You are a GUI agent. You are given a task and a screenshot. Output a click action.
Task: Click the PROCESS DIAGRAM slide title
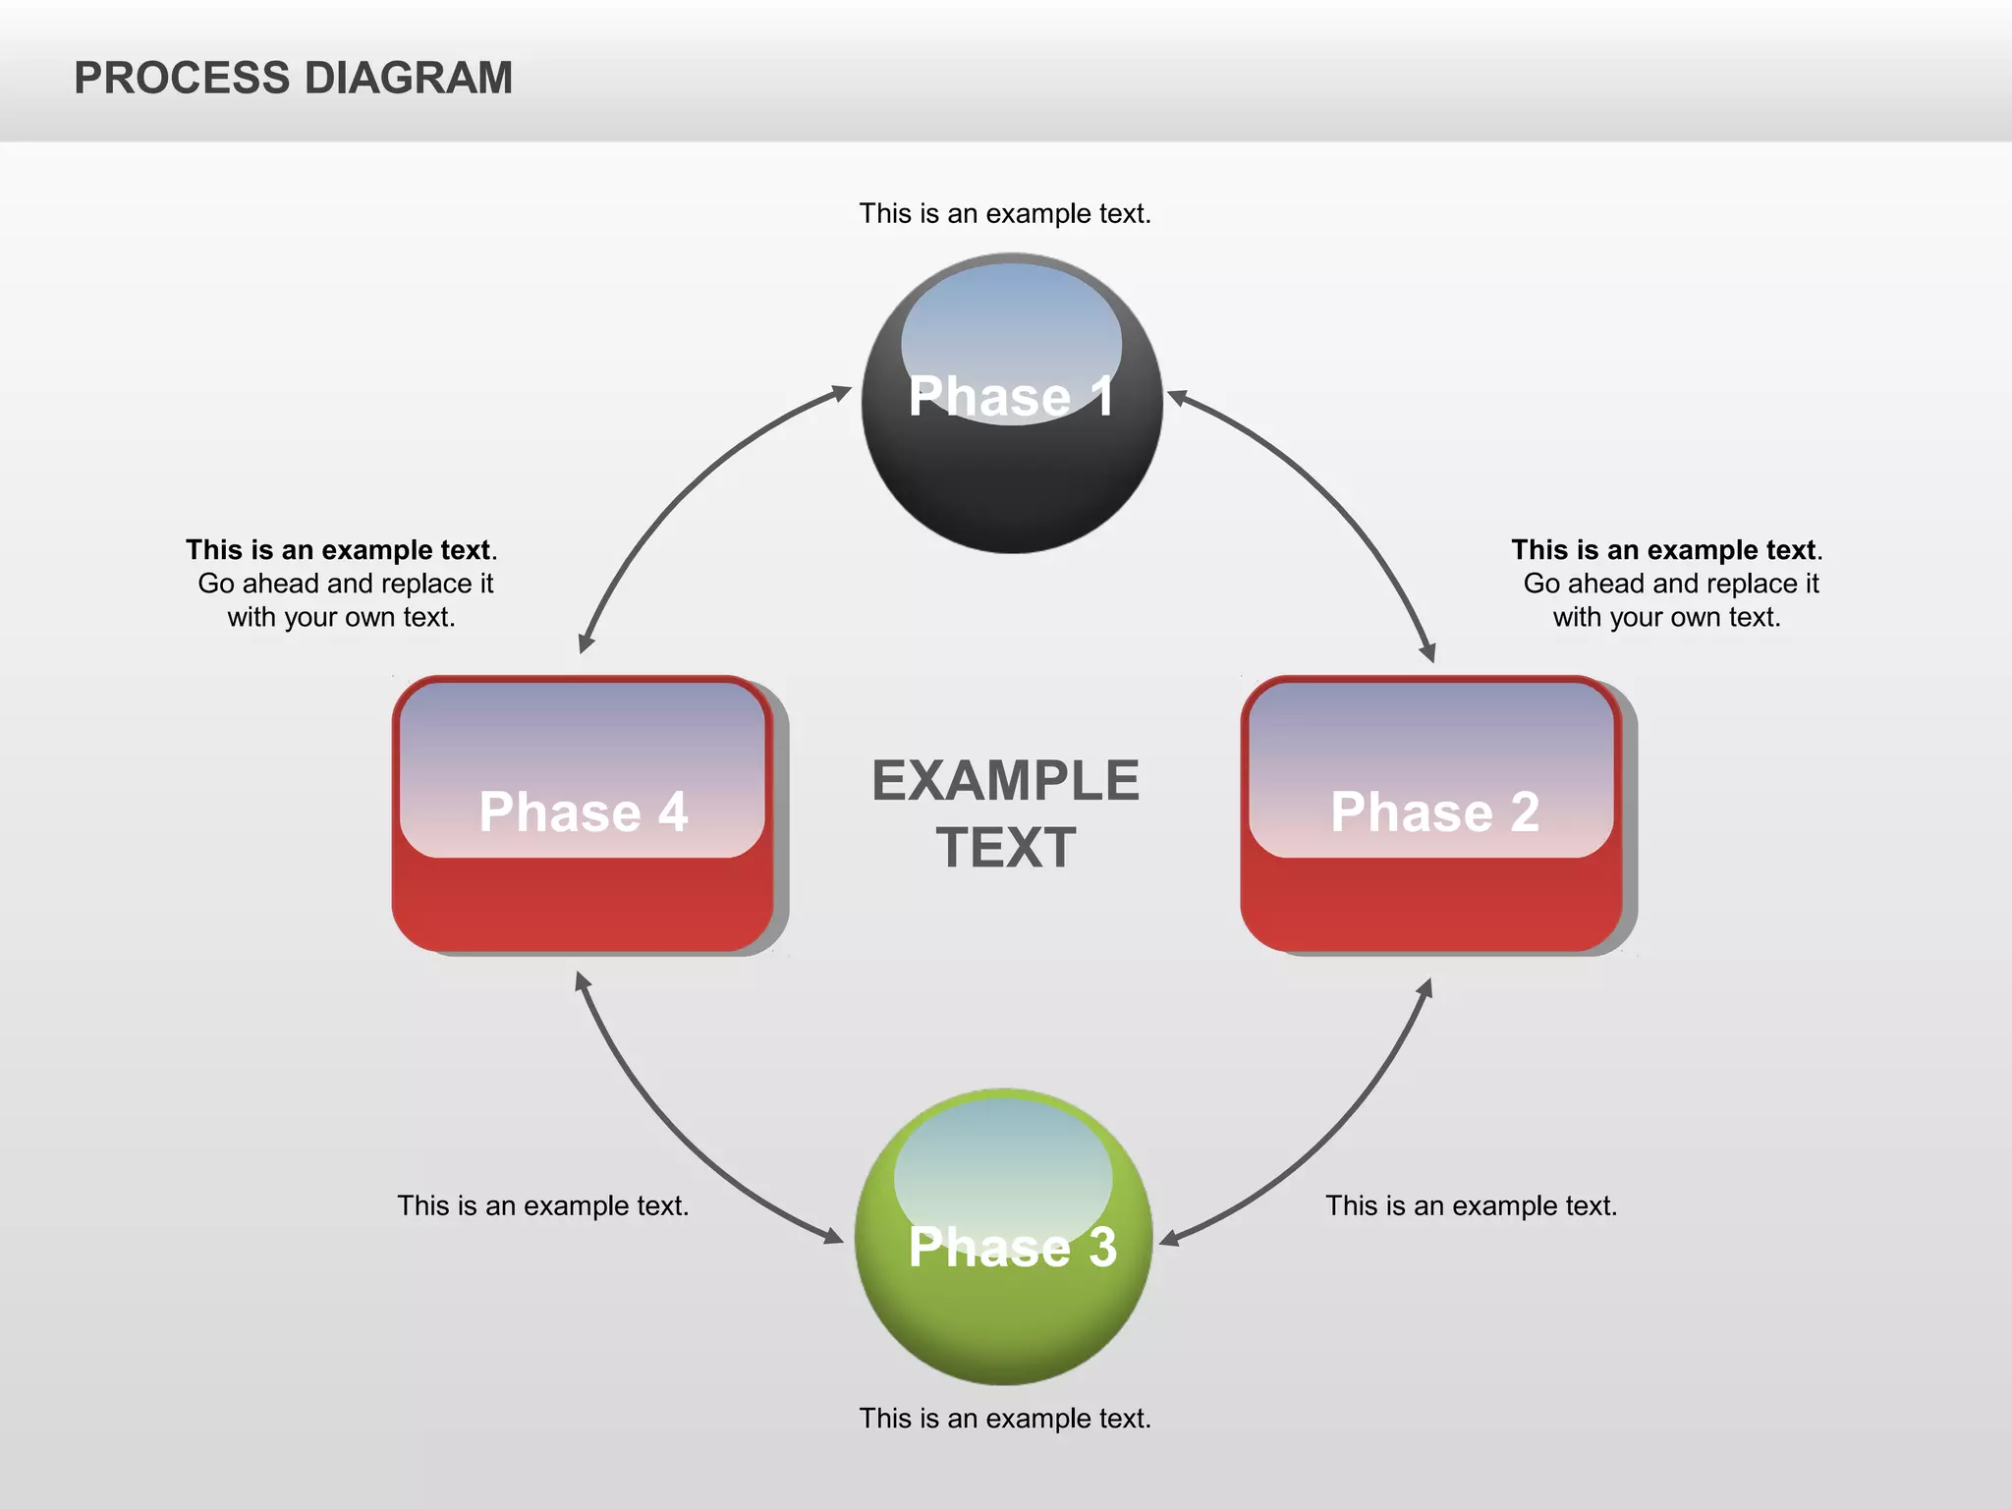click(x=293, y=78)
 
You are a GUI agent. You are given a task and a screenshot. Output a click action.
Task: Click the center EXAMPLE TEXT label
click(x=1005, y=813)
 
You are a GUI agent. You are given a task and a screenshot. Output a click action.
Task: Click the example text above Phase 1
click(x=1005, y=213)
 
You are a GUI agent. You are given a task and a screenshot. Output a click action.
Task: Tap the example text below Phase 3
click(x=1005, y=1418)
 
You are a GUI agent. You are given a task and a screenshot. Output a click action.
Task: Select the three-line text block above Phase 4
click(x=342, y=583)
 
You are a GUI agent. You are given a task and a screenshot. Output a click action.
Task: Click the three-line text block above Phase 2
click(x=1667, y=583)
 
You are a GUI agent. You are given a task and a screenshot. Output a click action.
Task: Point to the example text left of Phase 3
click(x=542, y=1205)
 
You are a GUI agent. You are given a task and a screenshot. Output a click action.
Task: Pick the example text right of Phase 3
click(x=1471, y=1205)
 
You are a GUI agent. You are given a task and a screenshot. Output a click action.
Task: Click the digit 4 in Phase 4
click(x=673, y=812)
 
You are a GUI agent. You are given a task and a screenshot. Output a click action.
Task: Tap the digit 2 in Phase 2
click(x=1525, y=812)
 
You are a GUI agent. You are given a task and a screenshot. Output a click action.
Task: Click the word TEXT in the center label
click(x=1005, y=848)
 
